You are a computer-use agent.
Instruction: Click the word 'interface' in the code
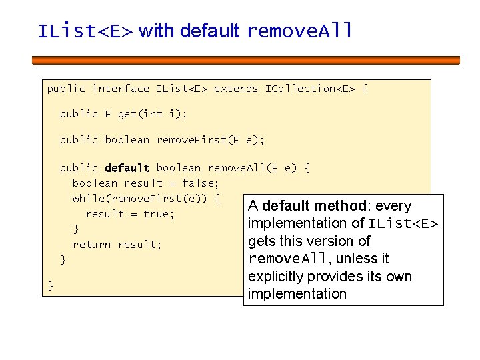coord(121,89)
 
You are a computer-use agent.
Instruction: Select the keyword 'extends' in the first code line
coord(236,89)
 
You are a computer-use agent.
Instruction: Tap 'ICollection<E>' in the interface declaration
coord(310,89)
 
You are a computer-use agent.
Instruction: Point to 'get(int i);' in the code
coord(153,114)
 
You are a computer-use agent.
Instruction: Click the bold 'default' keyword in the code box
coord(127,168)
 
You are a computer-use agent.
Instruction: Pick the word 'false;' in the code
coord(201,183)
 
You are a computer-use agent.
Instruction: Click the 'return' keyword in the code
coord(92,245)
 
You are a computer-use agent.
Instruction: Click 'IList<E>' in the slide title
coord(85,31)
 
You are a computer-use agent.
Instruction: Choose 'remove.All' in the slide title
coord(299,31)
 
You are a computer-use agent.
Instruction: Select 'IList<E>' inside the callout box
coord(403,223)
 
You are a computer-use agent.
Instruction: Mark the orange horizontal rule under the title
coord(246,60)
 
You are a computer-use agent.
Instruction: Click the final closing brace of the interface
coord(51,286)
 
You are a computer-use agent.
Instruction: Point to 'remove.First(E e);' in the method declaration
coord(210,140)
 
